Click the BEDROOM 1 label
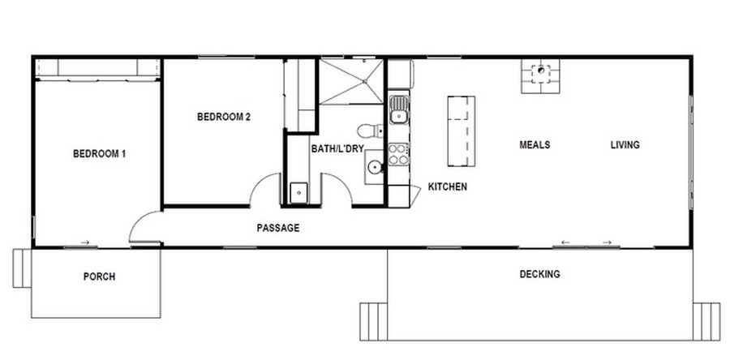[x=99, y=153]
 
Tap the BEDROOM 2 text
[x=224, y=117]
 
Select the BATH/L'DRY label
[x=337, y=149]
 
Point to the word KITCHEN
[x=448, y=187]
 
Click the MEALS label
[x=535, y=144]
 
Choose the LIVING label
[x=625, y=144]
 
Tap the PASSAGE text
[x=278, y=228]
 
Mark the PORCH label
[x=99, y=276]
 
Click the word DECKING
[x=539, y=274]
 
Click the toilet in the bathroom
[x=370, y=131]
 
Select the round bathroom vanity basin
[x=374, y=167]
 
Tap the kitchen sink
[x=399, y=109]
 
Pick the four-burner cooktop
[x=398, y=154]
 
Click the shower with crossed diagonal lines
[x=351, y=81]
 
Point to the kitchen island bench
[x=462, y=131]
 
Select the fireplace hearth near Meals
[x=540, y=76]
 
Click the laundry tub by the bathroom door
[x=298, y=193]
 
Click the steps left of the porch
[x=21, y=268]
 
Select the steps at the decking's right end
[x=706, y=321]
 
